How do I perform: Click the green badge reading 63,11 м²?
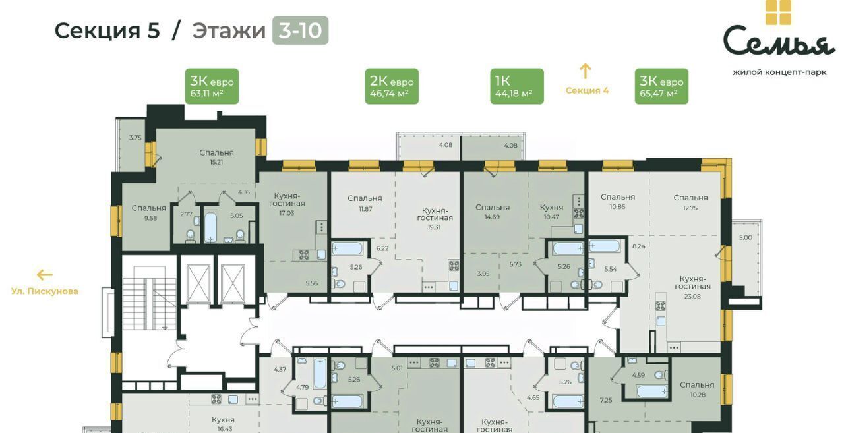[x=212, y=86]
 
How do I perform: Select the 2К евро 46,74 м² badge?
[x=392, y=86]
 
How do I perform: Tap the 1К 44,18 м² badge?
[x=517, y=86]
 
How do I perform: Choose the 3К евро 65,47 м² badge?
[x=661, y=86]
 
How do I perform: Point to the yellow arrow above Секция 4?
[x=585, y=71]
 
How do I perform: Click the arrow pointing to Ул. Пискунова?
[x=44, y=275]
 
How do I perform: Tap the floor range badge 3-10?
[x=300, y=30]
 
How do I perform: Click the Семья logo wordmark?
[x=778, y=42]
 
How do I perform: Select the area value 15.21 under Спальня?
[x=216, y=163]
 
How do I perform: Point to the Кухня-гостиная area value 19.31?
[x=434, y=227]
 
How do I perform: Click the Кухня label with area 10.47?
[x=552, y=208]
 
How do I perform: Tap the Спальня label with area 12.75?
[x=690, y=198]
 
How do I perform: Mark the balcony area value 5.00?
[x=746, y=237]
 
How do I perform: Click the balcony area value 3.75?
[x=135, y=138]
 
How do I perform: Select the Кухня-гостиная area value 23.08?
[x=692, y=297]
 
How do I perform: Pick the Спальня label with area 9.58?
[x=149, y=208]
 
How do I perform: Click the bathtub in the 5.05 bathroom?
[x=210, y=227]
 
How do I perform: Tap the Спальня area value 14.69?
[x=492, y=217]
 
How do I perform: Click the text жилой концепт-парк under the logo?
[x=779, y=72]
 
